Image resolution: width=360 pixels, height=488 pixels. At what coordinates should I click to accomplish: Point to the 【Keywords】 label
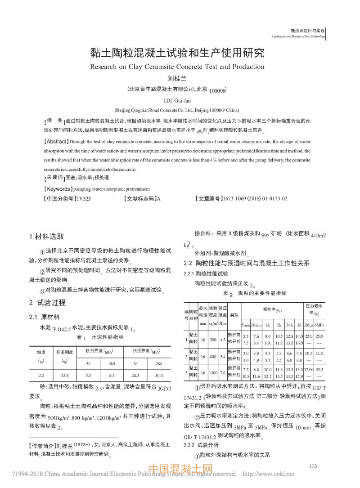[x=57, y=189]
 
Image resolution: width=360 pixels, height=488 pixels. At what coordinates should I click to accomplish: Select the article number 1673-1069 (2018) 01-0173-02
[x=255, y=198]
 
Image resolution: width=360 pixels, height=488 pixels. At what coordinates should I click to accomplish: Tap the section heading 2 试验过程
[x=47, y=302]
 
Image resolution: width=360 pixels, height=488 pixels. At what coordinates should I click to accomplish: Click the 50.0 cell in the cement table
[x=158, y=375]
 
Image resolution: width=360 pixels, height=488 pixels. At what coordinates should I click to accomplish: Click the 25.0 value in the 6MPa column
[x=319, y=336]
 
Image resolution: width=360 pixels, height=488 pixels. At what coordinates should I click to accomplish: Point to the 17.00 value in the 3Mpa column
[x=309, y=369]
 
